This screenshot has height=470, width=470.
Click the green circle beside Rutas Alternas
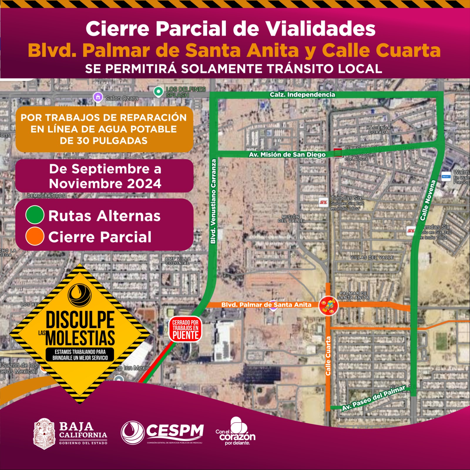[35, 215]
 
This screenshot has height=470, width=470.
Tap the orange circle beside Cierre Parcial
[35, 236]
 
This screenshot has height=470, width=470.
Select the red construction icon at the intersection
[328, 306]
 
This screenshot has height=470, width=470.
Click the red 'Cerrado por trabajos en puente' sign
[185, 329]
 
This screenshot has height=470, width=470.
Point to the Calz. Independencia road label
[302, 95]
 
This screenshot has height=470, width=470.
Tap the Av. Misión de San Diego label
[287, 155]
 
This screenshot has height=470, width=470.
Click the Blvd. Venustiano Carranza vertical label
[214, 201]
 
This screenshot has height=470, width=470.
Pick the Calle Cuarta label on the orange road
[328, 356]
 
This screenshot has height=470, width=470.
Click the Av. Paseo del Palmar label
[373, 398]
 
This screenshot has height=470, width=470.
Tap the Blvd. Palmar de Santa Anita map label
[266, 305]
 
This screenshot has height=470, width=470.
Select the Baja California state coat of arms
[44, 434]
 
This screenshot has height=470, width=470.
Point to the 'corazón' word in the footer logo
[237, 437]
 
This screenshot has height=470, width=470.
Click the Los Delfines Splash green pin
[158, 92]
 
